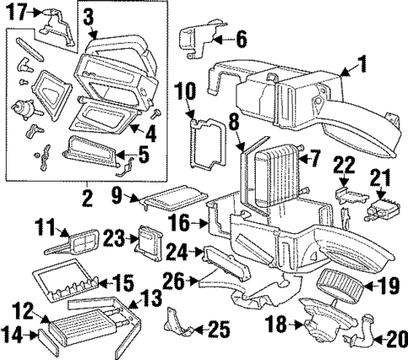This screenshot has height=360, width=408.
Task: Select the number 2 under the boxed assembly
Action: point(85,199)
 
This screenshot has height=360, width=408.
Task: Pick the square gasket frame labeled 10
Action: point(206,147)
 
